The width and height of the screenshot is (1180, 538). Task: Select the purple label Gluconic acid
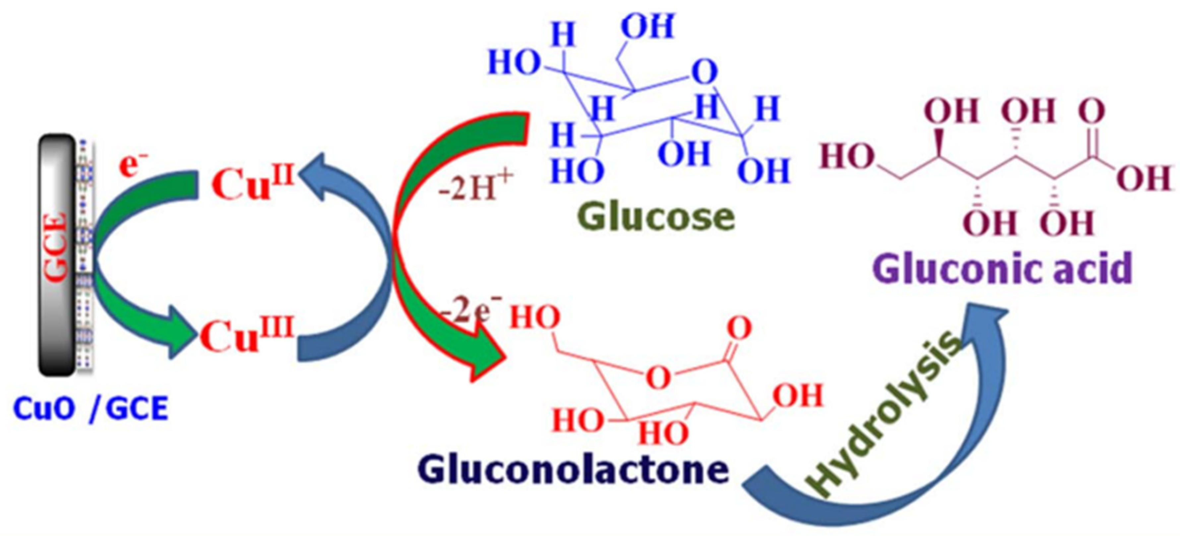click(x=1003, y=269)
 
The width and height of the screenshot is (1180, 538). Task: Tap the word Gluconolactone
click(x=573, y=469)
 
